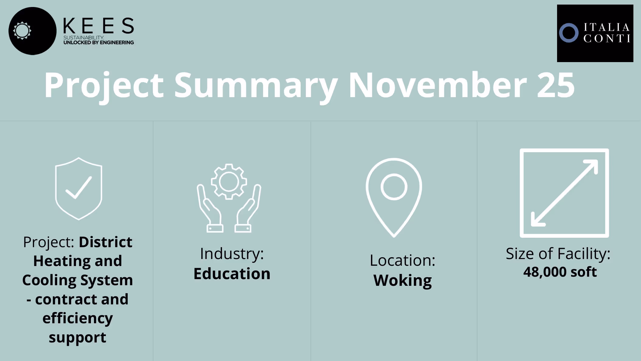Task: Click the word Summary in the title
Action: [255, 86]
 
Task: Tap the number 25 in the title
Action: [556, 86]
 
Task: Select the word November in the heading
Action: [438, 86]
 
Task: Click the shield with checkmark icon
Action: [78, 189]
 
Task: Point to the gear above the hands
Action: [229, 182]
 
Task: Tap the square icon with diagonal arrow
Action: [564, 193]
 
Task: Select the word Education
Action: [232, 274]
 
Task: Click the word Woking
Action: [402, 280]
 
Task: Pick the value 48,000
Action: [545, 272]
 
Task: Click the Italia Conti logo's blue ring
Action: [568, 33]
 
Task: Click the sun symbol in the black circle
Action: [22, 30]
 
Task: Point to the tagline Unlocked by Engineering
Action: [99, 43]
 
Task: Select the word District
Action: [105, 242]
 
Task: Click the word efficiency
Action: [78, 318]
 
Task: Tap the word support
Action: [77, 338]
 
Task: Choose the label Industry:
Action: [232, 254]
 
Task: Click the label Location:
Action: [402, 261]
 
